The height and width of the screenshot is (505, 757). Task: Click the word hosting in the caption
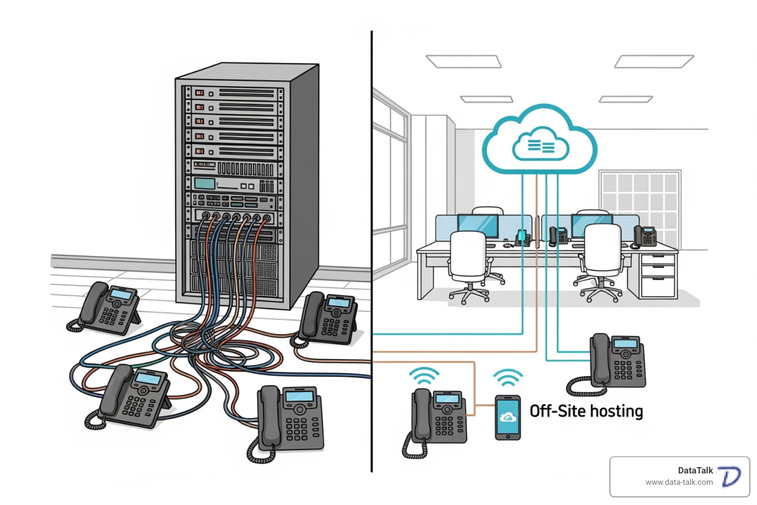click(x=617, y=411)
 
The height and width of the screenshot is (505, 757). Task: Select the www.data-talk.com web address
click(x=679, y=482)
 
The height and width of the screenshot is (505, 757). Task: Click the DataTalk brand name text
click(x=695, y=470)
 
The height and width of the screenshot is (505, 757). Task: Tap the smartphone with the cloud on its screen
click(x=508, y=418)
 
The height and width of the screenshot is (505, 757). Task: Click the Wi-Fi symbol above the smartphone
click(x=508, y=377)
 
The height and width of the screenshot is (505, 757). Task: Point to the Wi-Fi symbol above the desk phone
click(x=424, y=376)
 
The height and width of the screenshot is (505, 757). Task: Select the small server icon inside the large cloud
click(x=541, y=145)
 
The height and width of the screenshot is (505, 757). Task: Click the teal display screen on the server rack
click(x=205, y=184)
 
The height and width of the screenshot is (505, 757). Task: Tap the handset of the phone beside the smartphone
click(x=420, y=414)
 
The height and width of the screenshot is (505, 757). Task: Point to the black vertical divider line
click(x=372, y=247)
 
